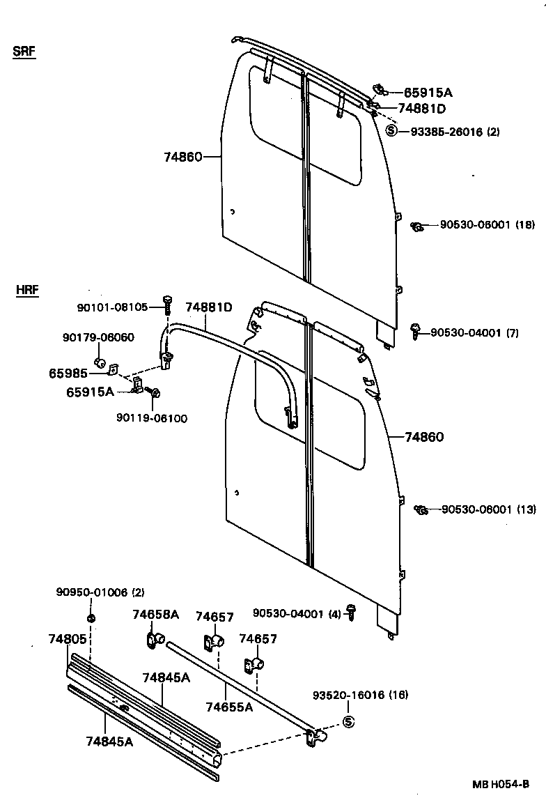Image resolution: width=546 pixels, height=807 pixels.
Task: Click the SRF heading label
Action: pyautogui.click(x=24, y=52)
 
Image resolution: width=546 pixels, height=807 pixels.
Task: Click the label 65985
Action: pyautogui.click(x=68, y=374)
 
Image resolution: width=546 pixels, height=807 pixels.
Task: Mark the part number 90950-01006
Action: pyautogui.click(x=91, y=592)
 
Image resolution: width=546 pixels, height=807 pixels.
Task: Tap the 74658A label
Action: pyautogui.click(x=156, y=615)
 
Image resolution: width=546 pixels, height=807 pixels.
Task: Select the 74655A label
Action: pyautogui.click(x=229, y=707)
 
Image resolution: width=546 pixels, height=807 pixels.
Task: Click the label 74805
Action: pyautogui.click(x=68, y=638)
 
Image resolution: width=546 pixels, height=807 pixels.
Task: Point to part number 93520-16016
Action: pyautogui.click(x=350, y=695)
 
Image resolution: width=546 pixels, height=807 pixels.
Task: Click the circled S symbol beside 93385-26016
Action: pyautogui.click(x=391, y=130)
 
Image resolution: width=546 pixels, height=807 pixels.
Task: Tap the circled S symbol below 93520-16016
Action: pyautogui.click(x=350, y=722)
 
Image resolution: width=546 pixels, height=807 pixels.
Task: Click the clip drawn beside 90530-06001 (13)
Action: pyautogui.click(x=420, y=510)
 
